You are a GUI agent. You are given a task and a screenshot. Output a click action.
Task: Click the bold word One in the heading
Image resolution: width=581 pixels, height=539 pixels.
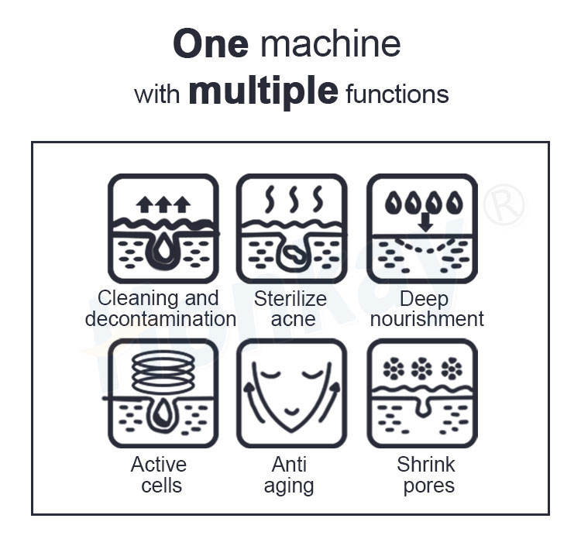[x=210, y=44]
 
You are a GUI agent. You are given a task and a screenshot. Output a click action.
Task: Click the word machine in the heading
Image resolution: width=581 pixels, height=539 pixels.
[x=331, y=44]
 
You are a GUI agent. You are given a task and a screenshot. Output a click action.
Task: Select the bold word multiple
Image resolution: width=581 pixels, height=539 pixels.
[x=263, y=92]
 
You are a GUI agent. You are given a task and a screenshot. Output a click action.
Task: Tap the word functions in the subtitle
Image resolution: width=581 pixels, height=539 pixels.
[x=397, y=94]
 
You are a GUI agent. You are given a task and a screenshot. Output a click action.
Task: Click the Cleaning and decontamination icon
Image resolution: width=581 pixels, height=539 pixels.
[x=163, y=228]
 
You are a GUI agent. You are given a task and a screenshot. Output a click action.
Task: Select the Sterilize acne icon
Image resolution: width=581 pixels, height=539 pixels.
[x=291, y=228]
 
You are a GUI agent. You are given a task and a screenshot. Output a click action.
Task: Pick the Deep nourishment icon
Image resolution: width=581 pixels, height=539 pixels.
[x=421, y=228]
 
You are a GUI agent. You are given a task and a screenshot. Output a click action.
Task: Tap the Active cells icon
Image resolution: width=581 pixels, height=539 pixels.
[x=163, y=394]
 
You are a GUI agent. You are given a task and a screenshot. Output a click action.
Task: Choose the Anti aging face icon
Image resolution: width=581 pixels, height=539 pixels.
[x=291, y=394]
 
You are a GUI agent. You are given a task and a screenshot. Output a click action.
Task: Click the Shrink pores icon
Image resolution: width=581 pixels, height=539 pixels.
[x=421, y=394]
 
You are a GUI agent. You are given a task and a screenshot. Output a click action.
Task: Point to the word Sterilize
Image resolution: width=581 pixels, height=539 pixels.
[x=290, y=299]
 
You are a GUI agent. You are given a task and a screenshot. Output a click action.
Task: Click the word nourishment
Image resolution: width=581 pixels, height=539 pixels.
[x=427, y=318]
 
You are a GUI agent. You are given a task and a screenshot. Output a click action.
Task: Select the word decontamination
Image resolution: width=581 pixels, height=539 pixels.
[x=161, y=318]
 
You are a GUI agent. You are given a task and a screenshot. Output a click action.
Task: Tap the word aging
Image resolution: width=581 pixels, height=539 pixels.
[x=289, y=486]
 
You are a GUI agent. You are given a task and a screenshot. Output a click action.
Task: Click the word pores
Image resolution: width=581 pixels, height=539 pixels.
[x=426, y=486]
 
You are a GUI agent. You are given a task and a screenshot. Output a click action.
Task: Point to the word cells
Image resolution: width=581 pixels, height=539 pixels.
[x=161, y=486]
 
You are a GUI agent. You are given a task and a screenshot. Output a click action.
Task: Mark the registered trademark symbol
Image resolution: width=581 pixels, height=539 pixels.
[x=504, y=204]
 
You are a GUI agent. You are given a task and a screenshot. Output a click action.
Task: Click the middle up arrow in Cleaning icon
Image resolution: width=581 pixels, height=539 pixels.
[x=163, y=204]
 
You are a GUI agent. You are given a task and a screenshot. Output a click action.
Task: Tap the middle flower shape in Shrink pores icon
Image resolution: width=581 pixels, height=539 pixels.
[x=421, y=369]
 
